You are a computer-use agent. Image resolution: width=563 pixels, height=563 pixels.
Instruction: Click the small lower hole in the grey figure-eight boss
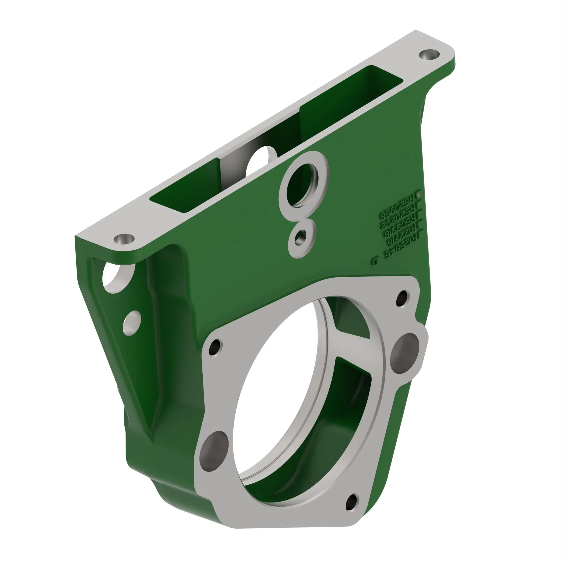click(x=300, y=238)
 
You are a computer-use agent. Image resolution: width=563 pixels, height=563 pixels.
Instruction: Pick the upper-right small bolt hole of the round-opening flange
click(x=403, y=298)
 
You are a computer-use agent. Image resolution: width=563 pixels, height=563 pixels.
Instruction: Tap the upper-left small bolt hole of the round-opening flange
click(x=215, y=347)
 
